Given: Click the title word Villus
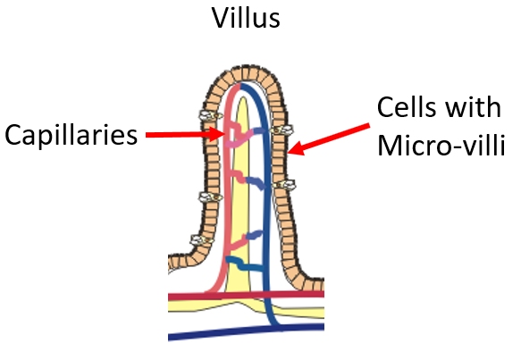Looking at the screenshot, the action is [246, 18].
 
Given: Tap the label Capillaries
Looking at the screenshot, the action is [71, 135].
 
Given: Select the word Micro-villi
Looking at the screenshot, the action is [441, 145].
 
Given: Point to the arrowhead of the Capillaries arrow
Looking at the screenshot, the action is [218, 134].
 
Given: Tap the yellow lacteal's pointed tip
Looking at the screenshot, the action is [243, 97].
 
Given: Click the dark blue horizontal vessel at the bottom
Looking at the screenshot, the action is [246, 331].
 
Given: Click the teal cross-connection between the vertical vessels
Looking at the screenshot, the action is [245, 264].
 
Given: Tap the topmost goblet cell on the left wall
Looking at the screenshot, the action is [210, 115].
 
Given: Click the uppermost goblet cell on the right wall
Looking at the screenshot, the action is [282, 130].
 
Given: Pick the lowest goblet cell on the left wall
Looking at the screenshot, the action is [202, 239].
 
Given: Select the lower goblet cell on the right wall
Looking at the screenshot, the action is [284, 185].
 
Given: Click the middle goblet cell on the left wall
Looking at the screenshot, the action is [210, 197].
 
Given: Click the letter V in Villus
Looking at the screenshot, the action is [222, 18].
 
